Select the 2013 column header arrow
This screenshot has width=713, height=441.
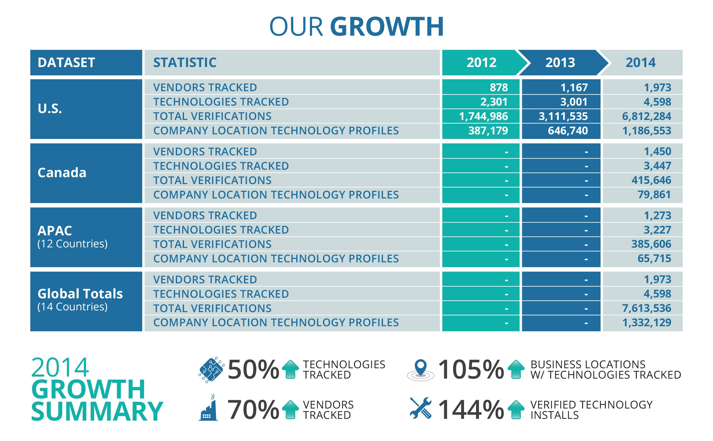[x=560, y=62]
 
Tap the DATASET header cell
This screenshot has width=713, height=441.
[x=66, y=62]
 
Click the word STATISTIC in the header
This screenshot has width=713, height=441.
[x=185, y=62]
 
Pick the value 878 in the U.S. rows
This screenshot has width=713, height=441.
[x=499, y=87]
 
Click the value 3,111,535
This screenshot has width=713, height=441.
[x=563, y=116]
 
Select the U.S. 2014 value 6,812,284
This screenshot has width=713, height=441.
[x=646, y=116]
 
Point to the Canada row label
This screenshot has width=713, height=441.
[x=62, y=173]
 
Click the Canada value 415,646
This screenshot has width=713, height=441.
[x=651, y=180]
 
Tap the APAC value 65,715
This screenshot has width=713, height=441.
[x=654, y=258]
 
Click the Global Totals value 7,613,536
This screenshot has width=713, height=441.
[x=646, y=308]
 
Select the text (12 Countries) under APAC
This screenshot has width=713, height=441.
[x=72, y=244]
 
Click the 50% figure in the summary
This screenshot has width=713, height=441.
[x=253, y=370]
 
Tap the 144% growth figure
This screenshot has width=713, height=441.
[x=470, y=410]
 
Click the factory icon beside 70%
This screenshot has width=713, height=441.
[x=208, y=408]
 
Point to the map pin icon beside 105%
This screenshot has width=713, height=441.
[x=420, y=370]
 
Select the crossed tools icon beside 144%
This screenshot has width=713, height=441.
[x=420, y=408]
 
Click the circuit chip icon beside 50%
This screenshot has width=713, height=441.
[x=211, y=370]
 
